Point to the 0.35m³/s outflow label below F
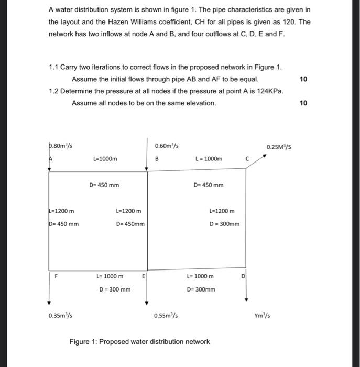[x=60, y=316]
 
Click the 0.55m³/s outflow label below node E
[x=166, y=316]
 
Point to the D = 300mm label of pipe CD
[x=224, y=224]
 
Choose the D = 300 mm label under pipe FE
[x=115, y=289]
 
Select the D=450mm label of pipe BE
[x=130, y=224]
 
